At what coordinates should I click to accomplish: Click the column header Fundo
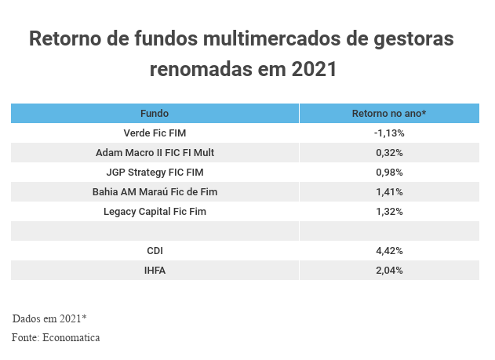pyautogui.click(x=155, y=114)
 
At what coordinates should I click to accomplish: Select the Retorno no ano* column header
pyautogui.click(x=388, y=114)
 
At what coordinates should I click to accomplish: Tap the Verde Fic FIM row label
pyautogui.click(x=155, y=133)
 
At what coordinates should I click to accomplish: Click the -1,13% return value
pyautogui.click(x=388, y=133)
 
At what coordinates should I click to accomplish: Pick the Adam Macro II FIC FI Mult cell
pyautogui.click(x=155, y=153)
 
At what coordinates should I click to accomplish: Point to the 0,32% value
pyautogui.click(x=389, y=153)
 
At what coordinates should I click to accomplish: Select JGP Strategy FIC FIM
pyautogui.click(x=155, y=173)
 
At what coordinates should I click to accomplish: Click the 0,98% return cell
pyautogui.click(x=389, y=173)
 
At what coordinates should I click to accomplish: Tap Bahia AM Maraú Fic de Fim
pyautogui.click(x=155, y=192)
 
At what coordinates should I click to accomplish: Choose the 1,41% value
pyautogui.click(x=389, y=192)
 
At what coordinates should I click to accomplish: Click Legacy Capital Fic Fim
pyautogui.click(x=155, y=212)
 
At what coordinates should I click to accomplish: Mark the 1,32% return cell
pyautogui.click(x=389, y=212)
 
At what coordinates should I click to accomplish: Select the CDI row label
pyautogui.click(x=155, y=251)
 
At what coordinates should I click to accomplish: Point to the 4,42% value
pyautogui.click(x=389, y=251)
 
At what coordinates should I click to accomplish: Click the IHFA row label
pyautogui.click(x=155, y=271)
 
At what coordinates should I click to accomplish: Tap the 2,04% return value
pyautogui.click(x=389, y=271)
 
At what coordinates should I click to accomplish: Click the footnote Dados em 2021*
pyautogui.click(x=49, y=318)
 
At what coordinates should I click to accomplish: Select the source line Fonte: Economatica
pyautogui.click(x=56, y=337)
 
